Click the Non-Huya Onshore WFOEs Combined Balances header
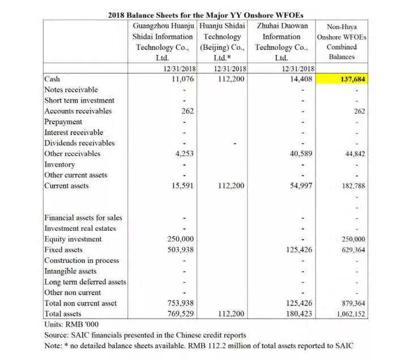pos(342,42)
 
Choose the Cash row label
pos(52,79)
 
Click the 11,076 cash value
pos(183,79)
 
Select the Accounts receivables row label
pos(78,111)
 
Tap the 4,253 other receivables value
pos(185,154)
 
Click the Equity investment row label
pos(73,239)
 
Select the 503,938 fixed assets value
pos(182,249)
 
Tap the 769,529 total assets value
pos(182,314)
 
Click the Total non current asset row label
pos(80,303)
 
